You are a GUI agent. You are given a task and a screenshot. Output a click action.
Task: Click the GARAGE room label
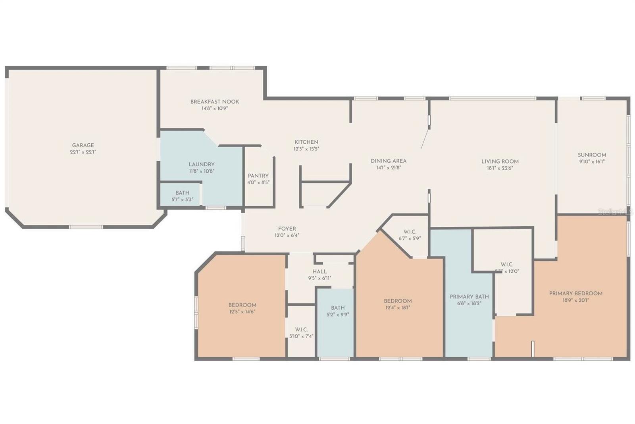(83, 145)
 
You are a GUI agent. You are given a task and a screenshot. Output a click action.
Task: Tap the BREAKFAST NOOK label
(215, 102)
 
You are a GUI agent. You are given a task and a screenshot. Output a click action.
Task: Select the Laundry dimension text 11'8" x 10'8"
(202, 171)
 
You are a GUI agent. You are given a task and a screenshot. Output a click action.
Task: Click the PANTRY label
(258, 175)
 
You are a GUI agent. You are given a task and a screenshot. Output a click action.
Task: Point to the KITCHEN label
(306, 142)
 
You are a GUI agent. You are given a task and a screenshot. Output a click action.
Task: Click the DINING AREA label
(388, 161)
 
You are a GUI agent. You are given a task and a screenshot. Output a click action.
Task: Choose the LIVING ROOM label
(500, 161)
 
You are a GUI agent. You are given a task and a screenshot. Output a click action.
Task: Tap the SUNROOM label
(592, 155)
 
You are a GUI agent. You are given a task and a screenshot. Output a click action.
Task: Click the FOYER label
(287, 229)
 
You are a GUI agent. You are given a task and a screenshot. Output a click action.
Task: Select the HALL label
(319, 272)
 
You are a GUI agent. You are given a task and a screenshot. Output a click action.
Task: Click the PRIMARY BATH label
(469, 297)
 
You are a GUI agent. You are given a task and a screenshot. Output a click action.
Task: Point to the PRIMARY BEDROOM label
(575, 293)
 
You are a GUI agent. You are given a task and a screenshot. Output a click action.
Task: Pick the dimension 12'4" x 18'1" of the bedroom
(398, 307)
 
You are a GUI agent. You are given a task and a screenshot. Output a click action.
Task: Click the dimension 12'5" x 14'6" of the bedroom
(242, 312)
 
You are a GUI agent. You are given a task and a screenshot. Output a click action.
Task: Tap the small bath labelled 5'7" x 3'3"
(182, 196)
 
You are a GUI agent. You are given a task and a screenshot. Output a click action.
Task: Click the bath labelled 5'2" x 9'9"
(338, 311)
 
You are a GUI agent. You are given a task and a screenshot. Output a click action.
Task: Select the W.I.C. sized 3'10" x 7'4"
(301, 333)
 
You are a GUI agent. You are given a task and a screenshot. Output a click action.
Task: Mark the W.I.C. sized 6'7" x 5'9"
(410, 235)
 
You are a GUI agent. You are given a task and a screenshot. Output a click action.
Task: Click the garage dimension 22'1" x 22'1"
(83, 152)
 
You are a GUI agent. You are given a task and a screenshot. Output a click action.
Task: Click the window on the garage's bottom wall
(86, 227)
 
